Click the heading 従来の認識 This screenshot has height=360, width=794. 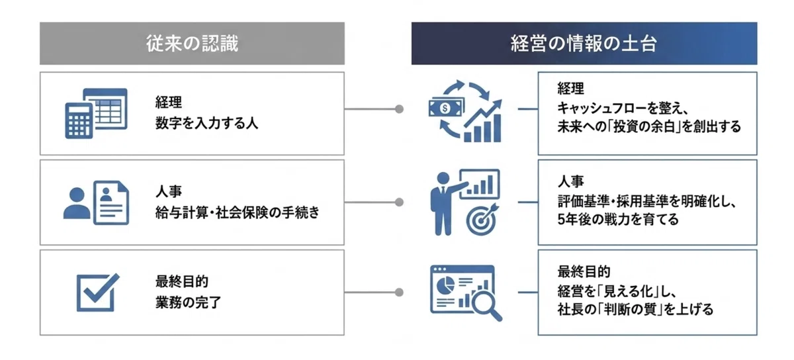coord(192,44)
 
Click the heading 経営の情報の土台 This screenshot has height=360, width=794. coord(584,44)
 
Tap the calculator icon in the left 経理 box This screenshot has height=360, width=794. coord(79,120)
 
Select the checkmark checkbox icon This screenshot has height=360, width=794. coord(98,292)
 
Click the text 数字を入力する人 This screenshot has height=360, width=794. coord(206,123)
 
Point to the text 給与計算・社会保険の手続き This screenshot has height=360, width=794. coord(237,212)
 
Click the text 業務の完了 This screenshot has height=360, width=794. coord(188,302)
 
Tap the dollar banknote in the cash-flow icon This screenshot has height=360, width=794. coord(445,107)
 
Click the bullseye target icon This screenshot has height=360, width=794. coord(482,220)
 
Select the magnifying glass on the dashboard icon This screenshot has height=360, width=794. coord(486,304)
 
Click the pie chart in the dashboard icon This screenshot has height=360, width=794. coord(445,285)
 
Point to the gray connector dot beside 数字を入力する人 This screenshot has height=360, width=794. coord(399,109)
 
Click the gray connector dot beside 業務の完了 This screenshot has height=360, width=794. coord(399,292)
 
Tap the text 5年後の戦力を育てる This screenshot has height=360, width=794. coord(618,219)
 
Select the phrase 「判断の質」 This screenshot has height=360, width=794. coord(629,309)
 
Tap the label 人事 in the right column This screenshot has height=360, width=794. coord(570,181)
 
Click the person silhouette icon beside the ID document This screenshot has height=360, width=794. coord(77,203)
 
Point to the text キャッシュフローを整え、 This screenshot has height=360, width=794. coord(623,108)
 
